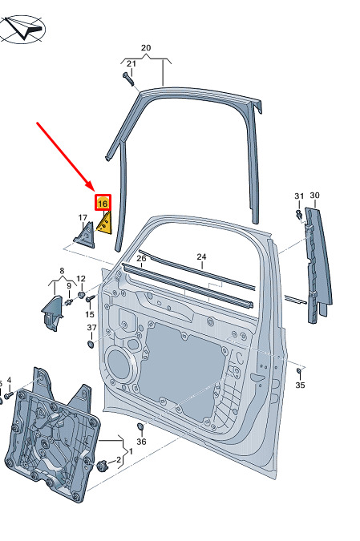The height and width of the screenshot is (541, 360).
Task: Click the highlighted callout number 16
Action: coord(103,204)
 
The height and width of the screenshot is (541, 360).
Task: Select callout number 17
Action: coord(83,218)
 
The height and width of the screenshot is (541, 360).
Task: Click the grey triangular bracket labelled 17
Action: coord(85,236)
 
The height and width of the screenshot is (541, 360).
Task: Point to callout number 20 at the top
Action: coord(146,47)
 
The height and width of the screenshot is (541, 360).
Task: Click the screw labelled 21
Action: coord(127,79)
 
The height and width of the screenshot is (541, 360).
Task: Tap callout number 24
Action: coord(201,256)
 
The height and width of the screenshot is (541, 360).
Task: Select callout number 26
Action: coord(142,258)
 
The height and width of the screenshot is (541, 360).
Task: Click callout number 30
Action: coord(314,196)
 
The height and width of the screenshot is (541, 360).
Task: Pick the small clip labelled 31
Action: coord(299,214)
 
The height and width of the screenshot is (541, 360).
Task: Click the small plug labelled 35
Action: coord(299,370)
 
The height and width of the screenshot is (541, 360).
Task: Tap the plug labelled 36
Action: coord(141,427)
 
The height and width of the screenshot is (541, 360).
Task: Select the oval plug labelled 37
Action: coord(91,344)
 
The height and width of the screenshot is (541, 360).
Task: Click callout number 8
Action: coord(62,271)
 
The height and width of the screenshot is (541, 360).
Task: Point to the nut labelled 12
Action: coord(82,295)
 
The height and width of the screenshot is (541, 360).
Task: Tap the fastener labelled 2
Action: coord(102,466)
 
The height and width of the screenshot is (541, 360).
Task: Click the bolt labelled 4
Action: coord(8,394)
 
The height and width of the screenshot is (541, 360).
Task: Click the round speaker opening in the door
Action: coord(119,365)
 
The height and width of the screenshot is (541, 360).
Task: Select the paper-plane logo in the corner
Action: coord(22,29)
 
